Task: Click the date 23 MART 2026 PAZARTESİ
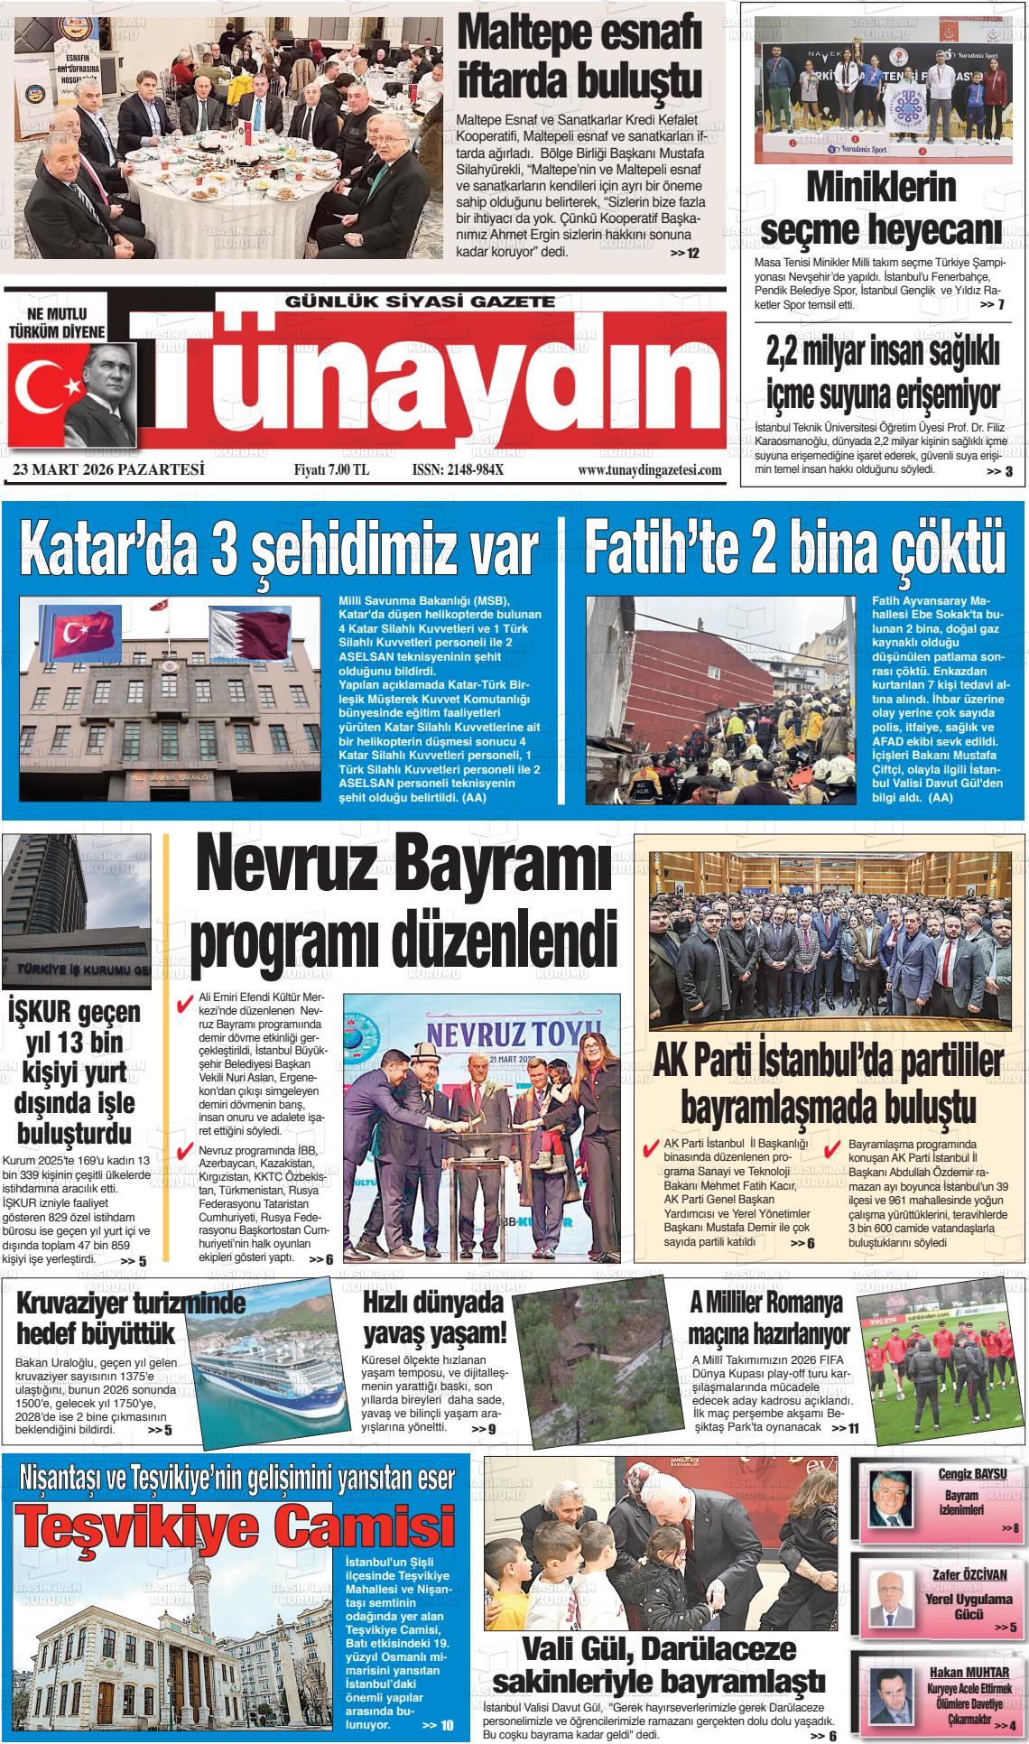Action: pos(109,469)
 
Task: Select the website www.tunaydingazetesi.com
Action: pos(649,470)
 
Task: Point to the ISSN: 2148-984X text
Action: pos(457,470)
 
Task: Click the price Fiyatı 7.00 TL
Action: pos(331,470)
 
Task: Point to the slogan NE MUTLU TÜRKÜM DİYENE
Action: pos(69,322)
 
